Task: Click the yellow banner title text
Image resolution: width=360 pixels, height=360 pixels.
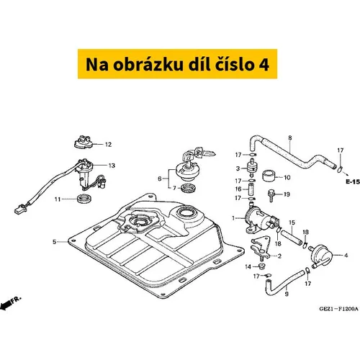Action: click(x=177, y=64)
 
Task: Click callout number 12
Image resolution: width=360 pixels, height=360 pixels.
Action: click(x=108, y=145)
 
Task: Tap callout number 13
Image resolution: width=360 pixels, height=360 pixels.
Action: click(x=112, y=166)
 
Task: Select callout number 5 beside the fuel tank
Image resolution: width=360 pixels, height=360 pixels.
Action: click(x=55, y=242)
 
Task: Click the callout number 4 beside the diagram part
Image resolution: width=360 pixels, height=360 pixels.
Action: click(x=346, y=256)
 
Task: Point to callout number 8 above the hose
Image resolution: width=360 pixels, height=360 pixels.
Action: click(x=290, y=138)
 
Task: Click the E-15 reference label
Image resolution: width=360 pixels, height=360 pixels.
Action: click(x=353, y=182)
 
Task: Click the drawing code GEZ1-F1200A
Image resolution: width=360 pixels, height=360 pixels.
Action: click(x=338, y=309)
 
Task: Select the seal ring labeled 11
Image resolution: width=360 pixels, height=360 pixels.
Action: click(x=84, y=199)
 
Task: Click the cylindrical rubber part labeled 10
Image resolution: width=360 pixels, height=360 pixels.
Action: click(x=269, y=176)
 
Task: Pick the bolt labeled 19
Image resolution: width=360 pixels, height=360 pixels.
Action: click(x=271, y=196)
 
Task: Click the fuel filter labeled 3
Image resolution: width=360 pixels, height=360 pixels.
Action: click(x=251, y=167)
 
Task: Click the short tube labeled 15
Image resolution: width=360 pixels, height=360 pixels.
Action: click(x=292, y=238)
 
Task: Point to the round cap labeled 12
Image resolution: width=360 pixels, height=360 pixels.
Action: click(x=84, y=142)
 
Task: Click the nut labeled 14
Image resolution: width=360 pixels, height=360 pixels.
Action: click(x=261, y=266)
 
